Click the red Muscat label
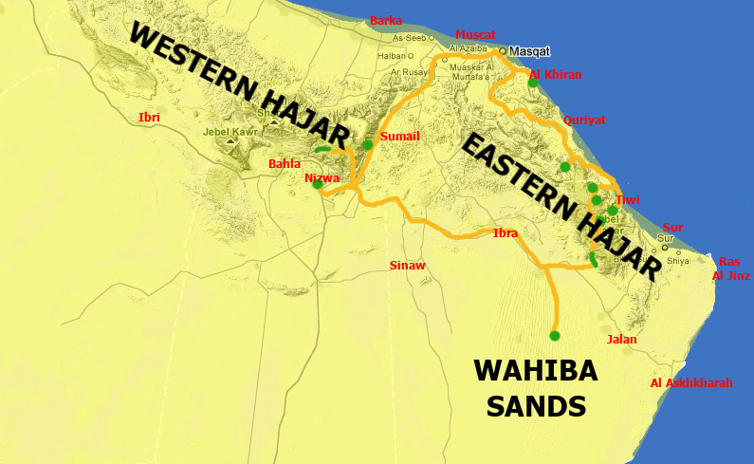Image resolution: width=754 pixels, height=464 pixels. pos(475,34)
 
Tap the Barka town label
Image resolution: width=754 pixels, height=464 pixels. pos(386,20)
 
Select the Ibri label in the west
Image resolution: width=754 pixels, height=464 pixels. pos(149,117)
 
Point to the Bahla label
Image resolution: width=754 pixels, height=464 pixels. pos(284,164)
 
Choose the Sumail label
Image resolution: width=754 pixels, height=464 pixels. pos(398,137)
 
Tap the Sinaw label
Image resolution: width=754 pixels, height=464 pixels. pos(408,266)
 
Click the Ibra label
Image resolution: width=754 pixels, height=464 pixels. pos(506,232)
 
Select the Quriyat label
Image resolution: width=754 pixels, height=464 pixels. pos(584,121)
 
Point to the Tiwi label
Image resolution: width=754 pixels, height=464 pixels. pos(627,200)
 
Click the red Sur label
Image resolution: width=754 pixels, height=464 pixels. pos(672,227)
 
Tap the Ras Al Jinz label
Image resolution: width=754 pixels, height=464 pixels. pos(730,269)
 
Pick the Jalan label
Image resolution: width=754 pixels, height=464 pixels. pos(621,339)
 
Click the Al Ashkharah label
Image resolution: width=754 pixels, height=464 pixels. pos(691,382)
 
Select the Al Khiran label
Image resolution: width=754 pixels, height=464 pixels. pos(556,74)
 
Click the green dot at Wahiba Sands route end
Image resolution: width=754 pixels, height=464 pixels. pos(555,335)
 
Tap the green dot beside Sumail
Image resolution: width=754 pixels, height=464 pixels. pos(368,145)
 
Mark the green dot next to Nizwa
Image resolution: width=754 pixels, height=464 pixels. pos(318,185)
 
